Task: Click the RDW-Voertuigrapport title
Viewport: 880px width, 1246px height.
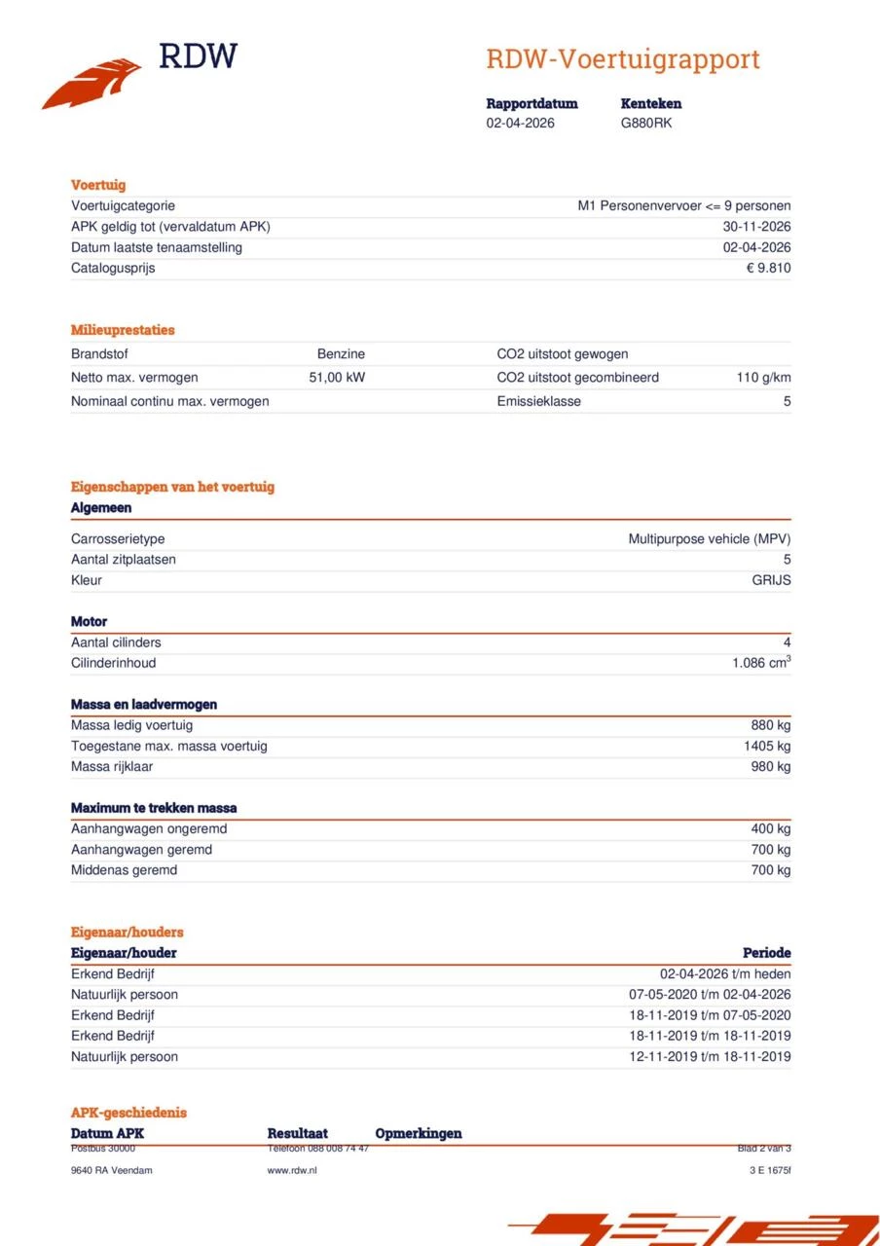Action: tap(622, 59)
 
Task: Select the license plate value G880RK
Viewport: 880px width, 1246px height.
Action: tap(646, 124)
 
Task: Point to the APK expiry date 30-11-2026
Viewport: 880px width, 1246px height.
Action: tap(750, 227)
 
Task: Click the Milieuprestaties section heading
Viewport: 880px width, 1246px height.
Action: tap(123, 330)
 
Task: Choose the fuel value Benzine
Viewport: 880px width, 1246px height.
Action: tap(341, 354)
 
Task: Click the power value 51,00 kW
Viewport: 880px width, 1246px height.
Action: tap(337, 378)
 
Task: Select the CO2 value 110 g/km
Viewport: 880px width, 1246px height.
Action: tap(763, 378)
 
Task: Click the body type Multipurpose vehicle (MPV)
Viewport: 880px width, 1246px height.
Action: tap(709, 539)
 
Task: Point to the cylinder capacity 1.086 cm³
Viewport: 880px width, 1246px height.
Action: tap(761, 663)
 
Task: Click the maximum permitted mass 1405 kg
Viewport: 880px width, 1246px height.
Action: tap(766, 747)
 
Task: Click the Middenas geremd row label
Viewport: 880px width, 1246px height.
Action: tap(124, 870)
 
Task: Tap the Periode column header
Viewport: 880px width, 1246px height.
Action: tap(766, 953)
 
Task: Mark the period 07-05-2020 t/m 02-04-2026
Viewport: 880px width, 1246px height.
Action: tap(710, 995)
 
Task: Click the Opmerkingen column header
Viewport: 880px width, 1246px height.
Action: tap(418, 1133)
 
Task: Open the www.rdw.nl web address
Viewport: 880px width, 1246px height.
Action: tap(292, 1170)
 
